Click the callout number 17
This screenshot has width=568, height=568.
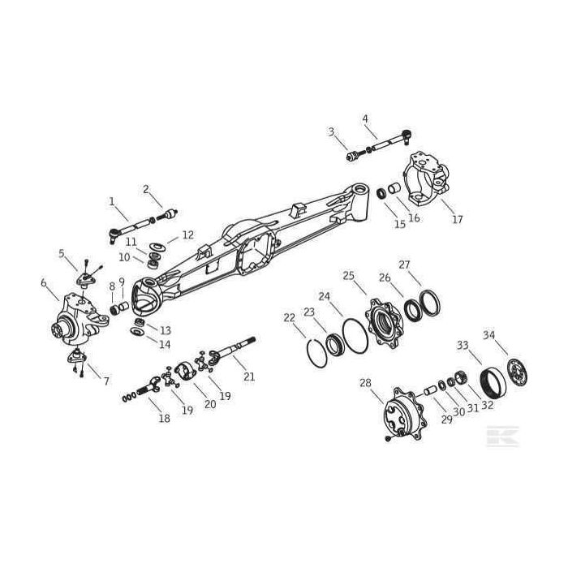tap(458, 219)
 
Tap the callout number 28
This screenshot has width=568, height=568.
tap(365, 382)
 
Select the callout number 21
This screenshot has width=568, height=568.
tap(249, 377)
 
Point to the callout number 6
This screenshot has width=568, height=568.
tap(44, 283)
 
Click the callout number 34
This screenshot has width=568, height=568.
tap(488, 335)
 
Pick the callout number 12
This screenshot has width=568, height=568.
tap(188, 235)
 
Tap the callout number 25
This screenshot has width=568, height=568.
tap(348, 276)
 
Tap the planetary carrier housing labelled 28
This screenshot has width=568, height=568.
tap(404, 414)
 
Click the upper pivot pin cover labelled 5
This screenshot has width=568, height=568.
tap(85, 279)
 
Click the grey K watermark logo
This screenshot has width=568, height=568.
tap(502, 437)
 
